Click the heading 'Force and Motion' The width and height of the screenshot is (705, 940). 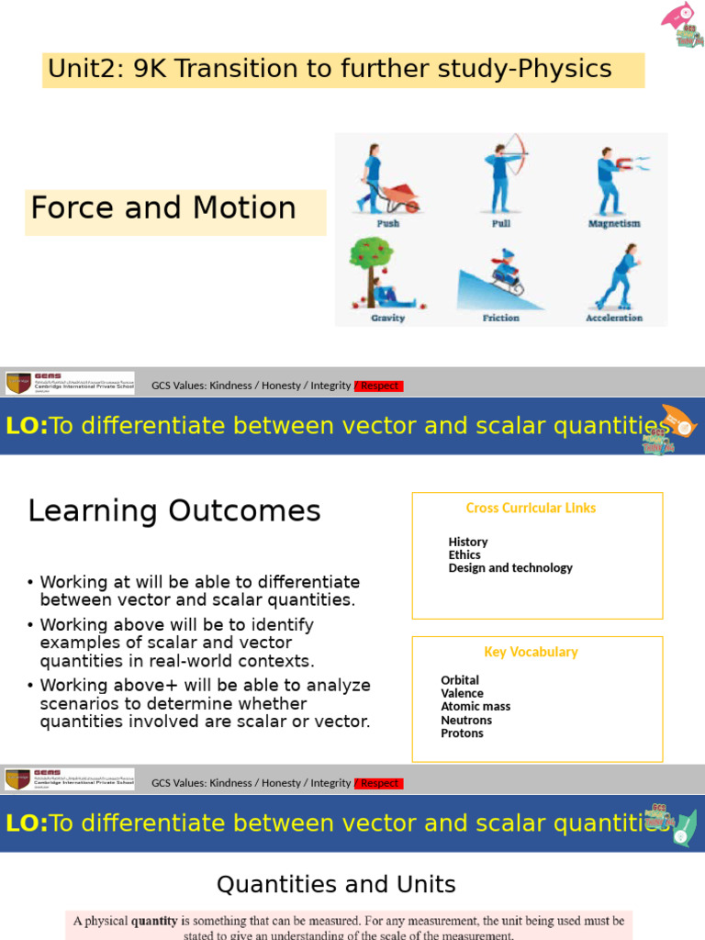click(163, 208)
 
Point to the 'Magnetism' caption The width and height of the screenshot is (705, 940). click(614, 223)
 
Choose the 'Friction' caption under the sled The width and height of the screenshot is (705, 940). click(500, 318)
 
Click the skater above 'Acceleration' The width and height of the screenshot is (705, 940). click(616, 275)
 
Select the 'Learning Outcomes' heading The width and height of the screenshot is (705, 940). click(174, 511)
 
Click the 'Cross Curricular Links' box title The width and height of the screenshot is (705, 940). click(531, 508)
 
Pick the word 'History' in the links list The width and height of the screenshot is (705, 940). click(468, 542)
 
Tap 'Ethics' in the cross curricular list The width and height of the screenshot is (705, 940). click(464, 554)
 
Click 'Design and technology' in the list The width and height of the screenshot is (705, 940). click(510, 567)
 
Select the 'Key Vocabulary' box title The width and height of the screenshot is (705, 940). click(531, 652)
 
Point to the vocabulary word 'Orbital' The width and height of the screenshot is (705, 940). click(460, 680)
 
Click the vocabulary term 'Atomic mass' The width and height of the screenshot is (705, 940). click(476, 706)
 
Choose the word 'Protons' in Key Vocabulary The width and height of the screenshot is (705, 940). click(462, 733)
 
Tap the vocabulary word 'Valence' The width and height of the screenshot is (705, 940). click(462, 693)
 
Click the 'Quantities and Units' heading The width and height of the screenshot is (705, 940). click(336, 884)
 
